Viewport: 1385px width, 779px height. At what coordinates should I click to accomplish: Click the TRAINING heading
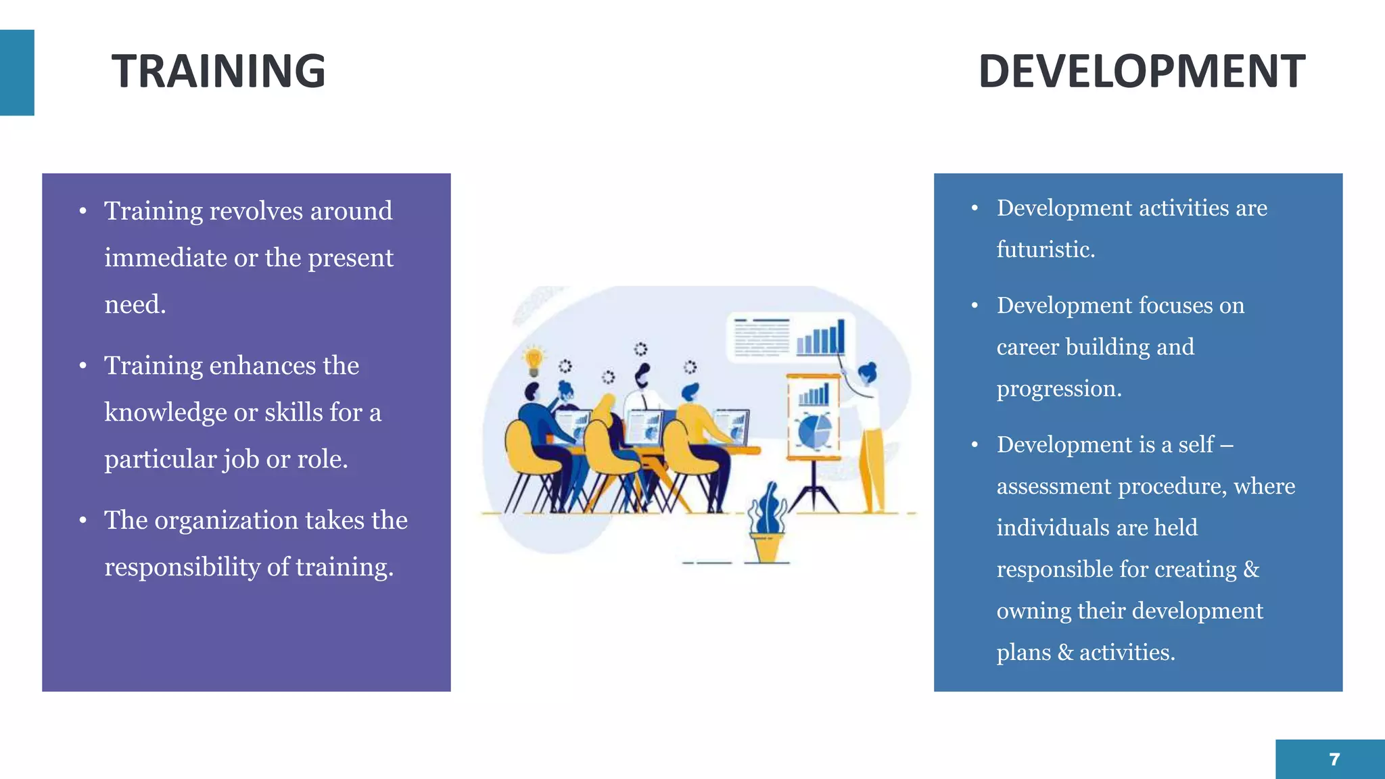coord(218,72)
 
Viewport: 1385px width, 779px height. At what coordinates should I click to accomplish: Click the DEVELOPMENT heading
coord(1141,72)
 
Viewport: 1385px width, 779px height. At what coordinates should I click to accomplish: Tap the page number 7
coord(1334,759)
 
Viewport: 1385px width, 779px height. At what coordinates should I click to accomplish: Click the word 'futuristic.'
coord(1046,250)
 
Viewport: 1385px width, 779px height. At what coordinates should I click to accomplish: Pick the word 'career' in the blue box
coord(1027,347)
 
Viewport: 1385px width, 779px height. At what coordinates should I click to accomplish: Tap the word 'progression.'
coord(1058,389)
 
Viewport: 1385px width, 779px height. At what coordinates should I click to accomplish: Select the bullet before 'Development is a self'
coord(975,445)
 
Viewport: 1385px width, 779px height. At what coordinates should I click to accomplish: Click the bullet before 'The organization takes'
coord(83,521)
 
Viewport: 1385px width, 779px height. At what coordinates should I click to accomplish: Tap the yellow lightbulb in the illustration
coord(534,360)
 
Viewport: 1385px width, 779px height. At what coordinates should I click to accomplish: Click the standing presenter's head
coord(867,373)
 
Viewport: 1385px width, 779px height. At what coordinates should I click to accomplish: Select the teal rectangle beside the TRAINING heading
coord(17,72)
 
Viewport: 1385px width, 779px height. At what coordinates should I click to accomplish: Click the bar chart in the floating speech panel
coord(820,337)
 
